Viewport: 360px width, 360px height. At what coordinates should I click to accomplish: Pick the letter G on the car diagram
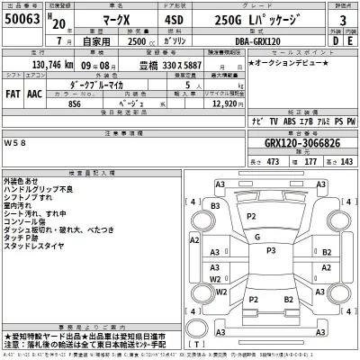click(x=258, y=238)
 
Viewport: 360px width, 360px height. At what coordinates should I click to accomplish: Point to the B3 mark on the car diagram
click(x=215, y=206)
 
